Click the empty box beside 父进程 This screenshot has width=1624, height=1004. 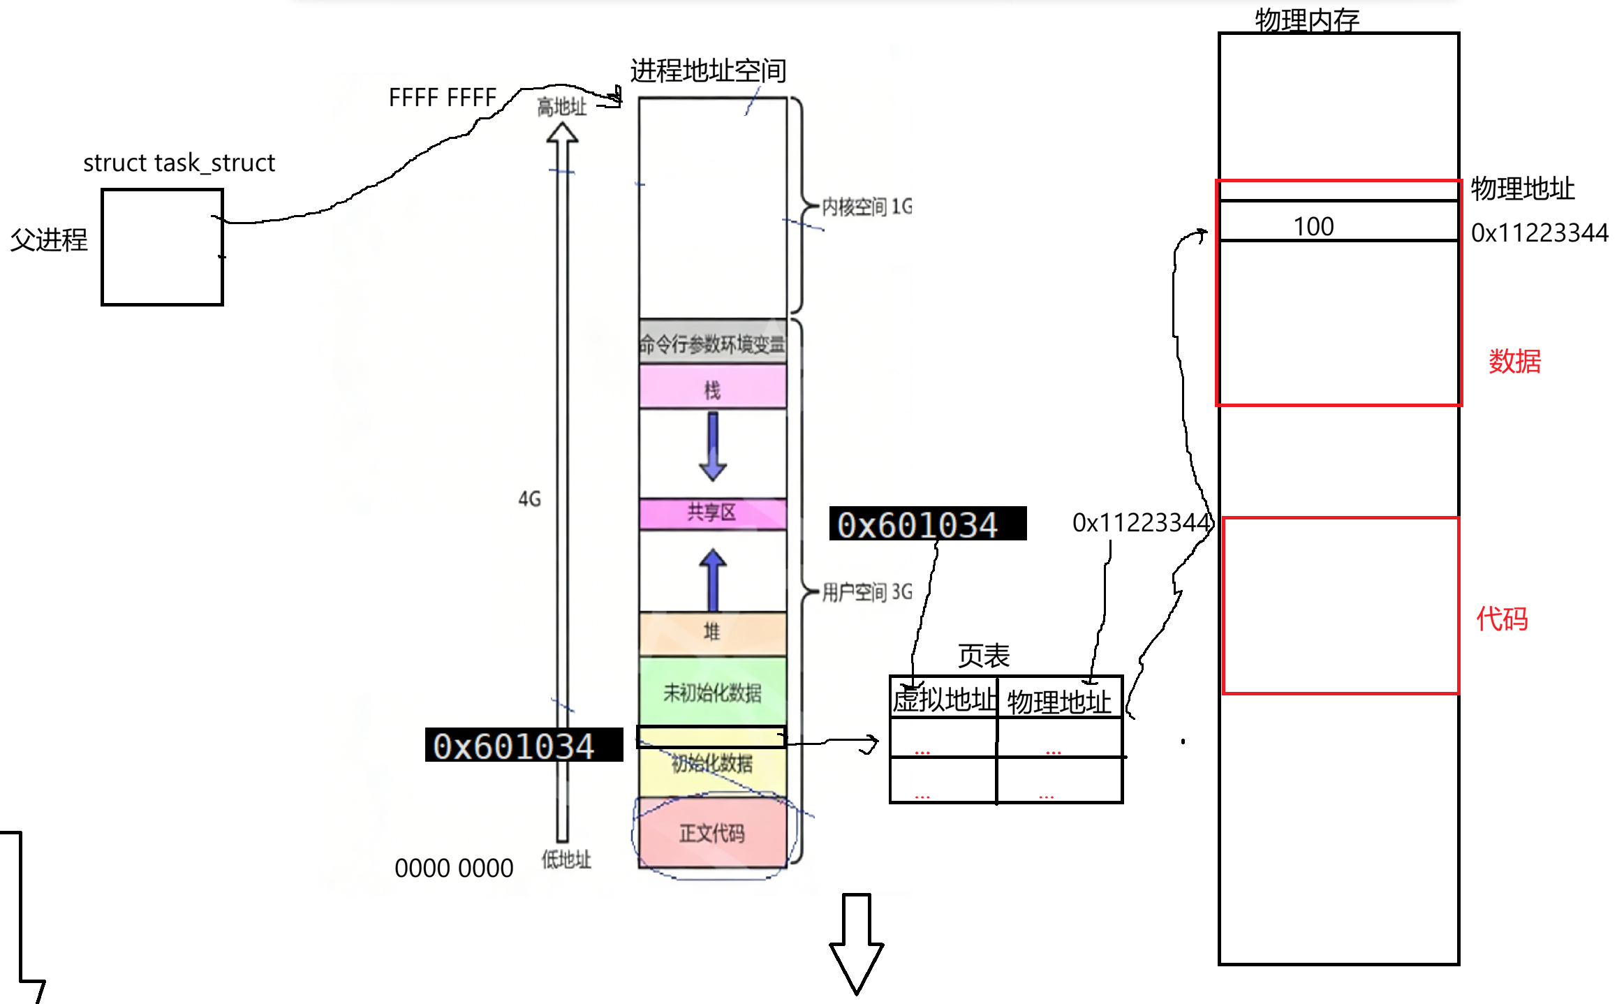pos(162,246)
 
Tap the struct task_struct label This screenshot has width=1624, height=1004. pos(179,163)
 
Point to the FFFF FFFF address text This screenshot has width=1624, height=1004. pos(442,98)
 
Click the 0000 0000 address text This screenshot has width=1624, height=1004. pos(454,868)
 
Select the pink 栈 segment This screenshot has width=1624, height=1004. pos(712,387)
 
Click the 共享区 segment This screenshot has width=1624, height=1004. pos(712,513)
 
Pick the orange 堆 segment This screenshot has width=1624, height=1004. pos(712,633)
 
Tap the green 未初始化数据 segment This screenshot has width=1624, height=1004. pos(712,691)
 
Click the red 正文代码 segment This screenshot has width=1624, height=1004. pos(712,832)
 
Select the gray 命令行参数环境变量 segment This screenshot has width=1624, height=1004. pos(712,343)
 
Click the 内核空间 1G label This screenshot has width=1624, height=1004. pos(866,207)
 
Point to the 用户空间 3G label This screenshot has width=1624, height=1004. pos(866,592)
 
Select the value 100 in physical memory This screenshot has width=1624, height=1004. pos(1313,226)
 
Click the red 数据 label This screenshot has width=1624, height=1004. pos(1514,362)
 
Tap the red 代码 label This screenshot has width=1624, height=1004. pos(1502,619)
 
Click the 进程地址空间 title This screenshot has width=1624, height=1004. pos(708,71)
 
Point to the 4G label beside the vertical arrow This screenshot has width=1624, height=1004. pos(530,499)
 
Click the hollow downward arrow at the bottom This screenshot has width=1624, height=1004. pos(856,943)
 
